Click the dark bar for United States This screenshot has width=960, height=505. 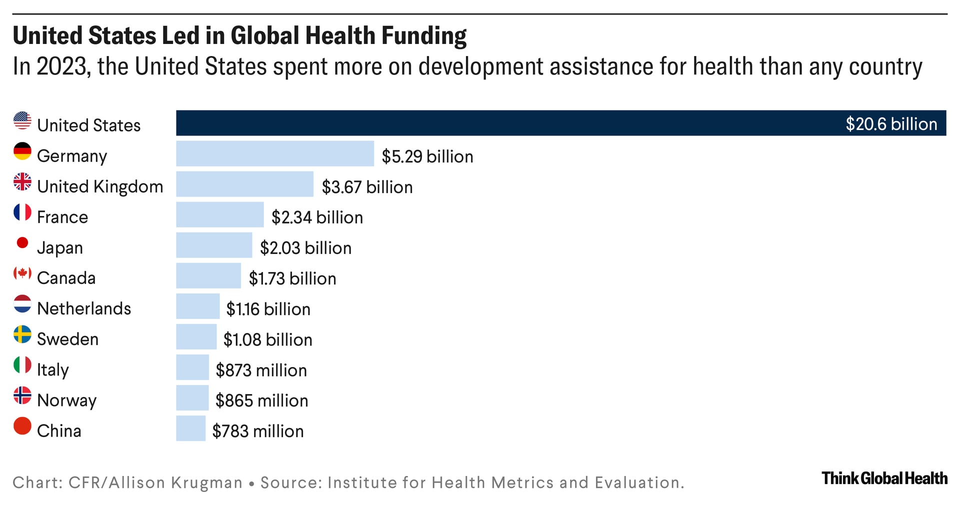click(500, 123)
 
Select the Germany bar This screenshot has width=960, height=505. click(274, 153)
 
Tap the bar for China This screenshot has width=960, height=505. click(190, 428)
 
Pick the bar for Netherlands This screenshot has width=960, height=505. click(197, 306)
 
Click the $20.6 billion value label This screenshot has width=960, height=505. click(891, 124)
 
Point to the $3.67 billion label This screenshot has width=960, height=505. click(367, 187)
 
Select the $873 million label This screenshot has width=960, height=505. click(261, 370)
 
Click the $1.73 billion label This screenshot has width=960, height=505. click(292, 278)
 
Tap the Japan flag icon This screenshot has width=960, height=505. click(22, 243)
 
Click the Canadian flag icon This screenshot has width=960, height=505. click(22, 273)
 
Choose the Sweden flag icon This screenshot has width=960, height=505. click(22, 334)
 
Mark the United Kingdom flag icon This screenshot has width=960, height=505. click(22, 182)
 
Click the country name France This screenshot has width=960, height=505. click(62, 217)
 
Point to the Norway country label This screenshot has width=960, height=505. click(66, 400)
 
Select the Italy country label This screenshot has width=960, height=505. click(53, 369)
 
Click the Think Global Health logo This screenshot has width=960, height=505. click(884, 478)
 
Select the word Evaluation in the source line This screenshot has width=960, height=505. click(638, 482)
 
